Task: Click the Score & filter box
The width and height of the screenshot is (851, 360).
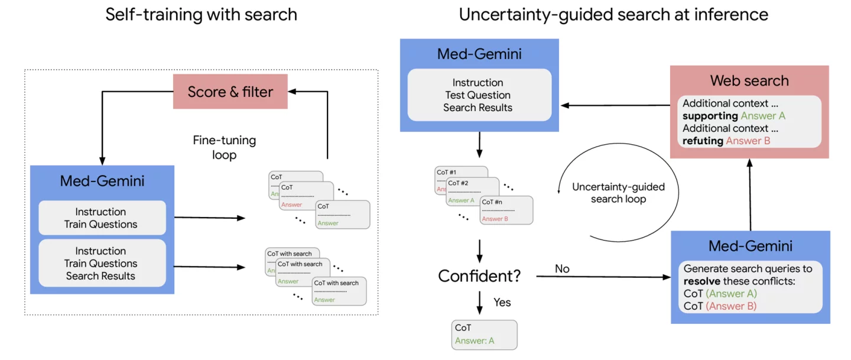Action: [x=230, y=92]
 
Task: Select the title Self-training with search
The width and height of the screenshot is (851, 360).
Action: [x=201, y=15]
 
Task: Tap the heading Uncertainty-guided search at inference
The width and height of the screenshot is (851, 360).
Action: [x=613, y=15]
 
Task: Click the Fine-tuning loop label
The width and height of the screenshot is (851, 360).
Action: [x=224, y=148]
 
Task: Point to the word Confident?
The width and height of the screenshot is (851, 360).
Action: [x=480, y=275]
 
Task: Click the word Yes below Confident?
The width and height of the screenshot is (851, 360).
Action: [x=502, y=302]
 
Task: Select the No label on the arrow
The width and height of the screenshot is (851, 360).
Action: [x=562, y=269]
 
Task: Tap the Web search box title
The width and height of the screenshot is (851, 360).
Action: [x=749, y=80]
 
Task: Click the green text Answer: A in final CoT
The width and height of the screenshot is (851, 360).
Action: [x=474, y=340]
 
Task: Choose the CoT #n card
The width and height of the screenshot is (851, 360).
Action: [x=506, y=210]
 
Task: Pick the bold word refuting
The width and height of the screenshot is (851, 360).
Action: [x=703, y=141]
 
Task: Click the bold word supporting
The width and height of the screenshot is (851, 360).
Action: [x=710, y=116]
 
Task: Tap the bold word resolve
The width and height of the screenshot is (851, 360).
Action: [x=701, y=281]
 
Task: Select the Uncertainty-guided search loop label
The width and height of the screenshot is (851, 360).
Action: [x=618, y=193]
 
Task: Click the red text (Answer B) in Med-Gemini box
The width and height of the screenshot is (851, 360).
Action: [x=731, y=306]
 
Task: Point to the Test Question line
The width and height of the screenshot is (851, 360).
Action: [x=478, y=95]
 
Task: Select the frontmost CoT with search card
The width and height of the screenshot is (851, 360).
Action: [x=339, y=291]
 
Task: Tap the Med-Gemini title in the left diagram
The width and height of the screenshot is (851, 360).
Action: [x=102, y=181]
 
